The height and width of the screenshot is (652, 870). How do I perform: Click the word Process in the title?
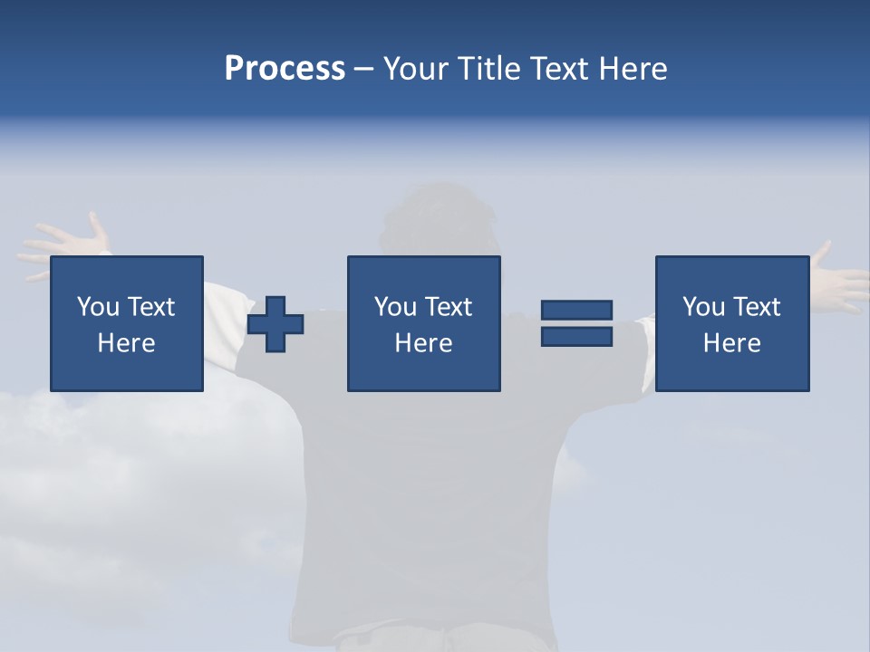pos(285,69)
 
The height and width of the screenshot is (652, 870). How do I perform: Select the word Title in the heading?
pos(485,69)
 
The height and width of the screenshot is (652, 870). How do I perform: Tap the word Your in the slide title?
pos(416,69)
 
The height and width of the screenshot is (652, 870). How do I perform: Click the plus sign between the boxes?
pos(275,324)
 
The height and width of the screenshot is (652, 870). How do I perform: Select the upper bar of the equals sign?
pos(576,311)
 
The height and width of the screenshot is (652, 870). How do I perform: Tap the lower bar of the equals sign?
pos(576,337)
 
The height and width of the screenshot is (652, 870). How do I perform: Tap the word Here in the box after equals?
pos(731,343)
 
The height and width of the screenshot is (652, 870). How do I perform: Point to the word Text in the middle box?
pos(449,307)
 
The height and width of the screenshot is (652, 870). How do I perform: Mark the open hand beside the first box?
pos(63,240)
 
